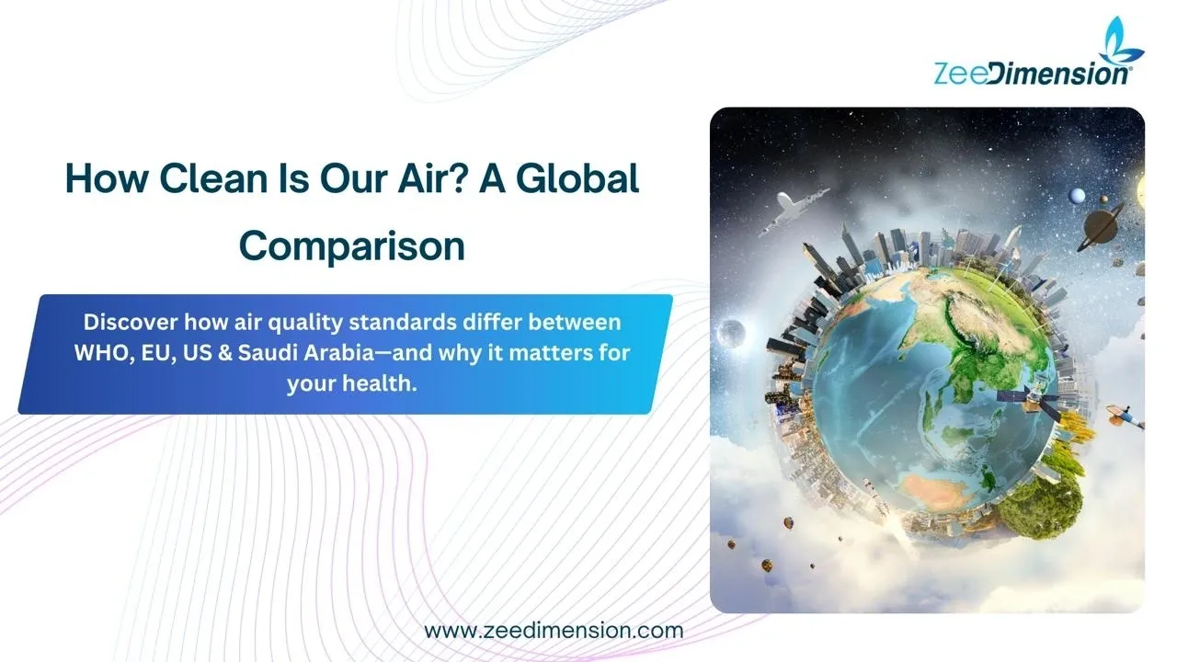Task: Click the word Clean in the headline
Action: click(x=213, y=178)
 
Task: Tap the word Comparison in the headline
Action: click(x=352, y=245)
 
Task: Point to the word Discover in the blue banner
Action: click(x=131, y=322)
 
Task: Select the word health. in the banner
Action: click(x=380, y=383)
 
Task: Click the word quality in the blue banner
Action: click(x=305, y=323)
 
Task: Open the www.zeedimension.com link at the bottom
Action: click(x=554, y=631)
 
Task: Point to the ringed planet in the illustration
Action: click(x=1101, y=226)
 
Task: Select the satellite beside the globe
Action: click(x=1031, y=403)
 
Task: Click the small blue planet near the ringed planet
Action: click(x=1077, y=196)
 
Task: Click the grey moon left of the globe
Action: click(x=731, y=333)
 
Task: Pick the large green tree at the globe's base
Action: click(x=1039, y=506)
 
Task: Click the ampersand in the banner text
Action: click(x=225, y=353)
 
